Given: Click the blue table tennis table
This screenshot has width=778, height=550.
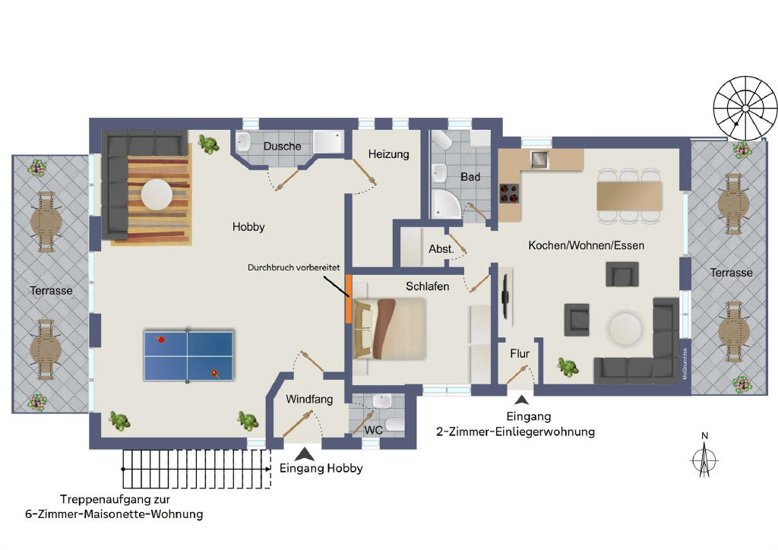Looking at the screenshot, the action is click(188, 356).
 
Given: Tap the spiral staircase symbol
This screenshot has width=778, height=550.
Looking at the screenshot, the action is click(745, 108).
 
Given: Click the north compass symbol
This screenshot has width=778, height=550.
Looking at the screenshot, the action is click(704, 457).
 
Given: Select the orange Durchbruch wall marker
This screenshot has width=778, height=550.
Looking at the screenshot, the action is click(349, 299).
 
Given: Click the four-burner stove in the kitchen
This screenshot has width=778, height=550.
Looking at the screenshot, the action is click(509, 194).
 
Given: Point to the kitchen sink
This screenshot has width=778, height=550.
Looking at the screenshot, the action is click(539, 160).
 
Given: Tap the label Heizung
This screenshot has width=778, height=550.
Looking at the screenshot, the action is click(388, 154).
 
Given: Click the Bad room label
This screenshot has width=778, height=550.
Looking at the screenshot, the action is click(470, 176).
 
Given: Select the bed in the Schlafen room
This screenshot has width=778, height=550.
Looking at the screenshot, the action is click(390, 328).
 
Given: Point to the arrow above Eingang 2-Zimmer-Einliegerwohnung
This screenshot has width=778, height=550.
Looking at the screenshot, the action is click(521, 400).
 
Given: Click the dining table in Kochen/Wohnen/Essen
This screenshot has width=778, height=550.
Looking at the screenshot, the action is click(630, 196).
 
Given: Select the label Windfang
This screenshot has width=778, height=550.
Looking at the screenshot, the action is click(309, 400).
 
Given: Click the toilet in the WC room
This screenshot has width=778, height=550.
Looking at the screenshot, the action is click(395, 424).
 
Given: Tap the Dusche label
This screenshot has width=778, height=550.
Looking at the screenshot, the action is click(283, 147).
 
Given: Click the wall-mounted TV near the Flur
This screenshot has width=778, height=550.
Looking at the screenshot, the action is click(505, 296).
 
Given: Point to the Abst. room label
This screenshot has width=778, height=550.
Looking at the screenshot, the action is click(441, 248).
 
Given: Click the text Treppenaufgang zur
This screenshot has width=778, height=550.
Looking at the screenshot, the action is click(115, 499).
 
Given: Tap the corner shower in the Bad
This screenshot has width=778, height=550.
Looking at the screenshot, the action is click(445, 204).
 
